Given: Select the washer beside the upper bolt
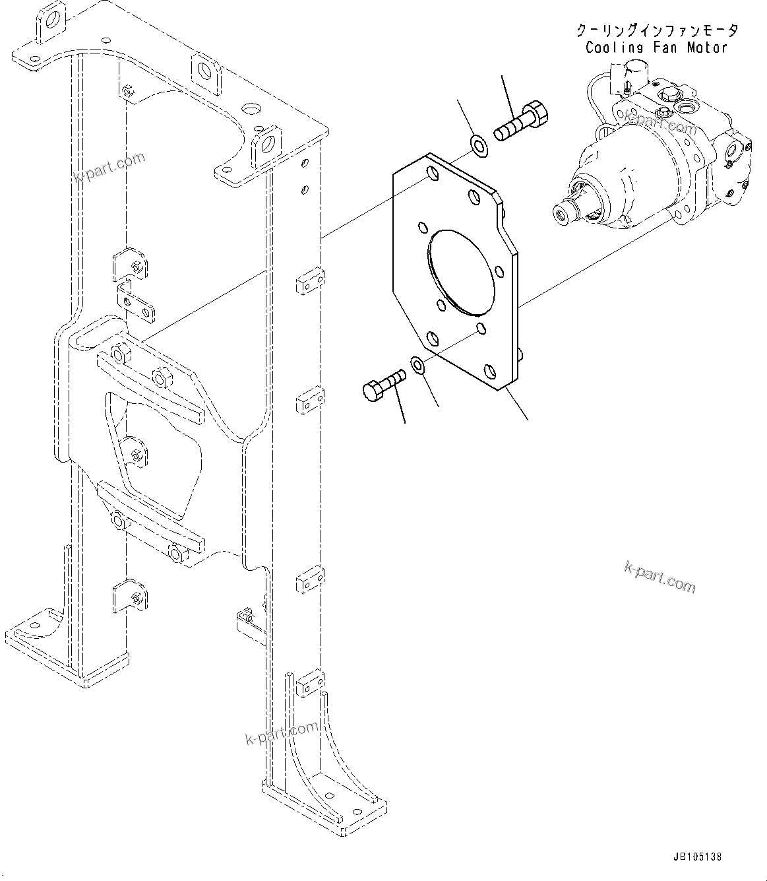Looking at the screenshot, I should pyautogui.click(x=479, y=145).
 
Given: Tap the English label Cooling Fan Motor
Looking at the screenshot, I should pyautogui.click(x=656, y=48).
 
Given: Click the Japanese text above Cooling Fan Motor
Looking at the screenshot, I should pyautogui.click(x=657, y=30).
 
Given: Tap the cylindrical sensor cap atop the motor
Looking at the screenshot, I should pyautogui.click(x=634, y=70).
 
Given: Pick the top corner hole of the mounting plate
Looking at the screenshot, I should pyautogui.click(x=431, y=174).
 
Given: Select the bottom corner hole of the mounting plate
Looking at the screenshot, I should pyautogui.click(x=490, y=372).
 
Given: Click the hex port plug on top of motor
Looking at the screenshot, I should pyautogui.click(x=664, y=97).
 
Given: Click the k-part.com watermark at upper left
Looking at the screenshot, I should pyautogui.click(x=109, y=168).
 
